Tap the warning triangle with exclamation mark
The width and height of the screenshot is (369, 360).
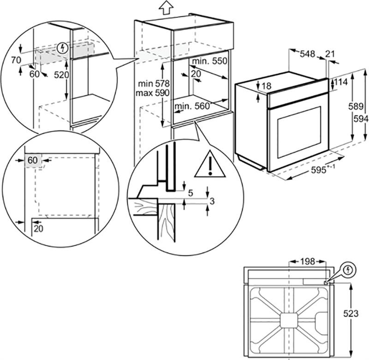tap(210, 165)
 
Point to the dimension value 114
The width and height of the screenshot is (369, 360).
tap(340, 82)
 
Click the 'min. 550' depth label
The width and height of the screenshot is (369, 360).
tap(208, 61)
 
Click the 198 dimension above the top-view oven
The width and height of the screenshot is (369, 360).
tap(305, 261)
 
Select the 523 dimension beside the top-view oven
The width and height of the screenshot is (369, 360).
tap(351, 313)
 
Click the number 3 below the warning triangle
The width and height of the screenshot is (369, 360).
tap(212, 201)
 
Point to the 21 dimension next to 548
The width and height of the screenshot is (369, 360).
tap(330, 54)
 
